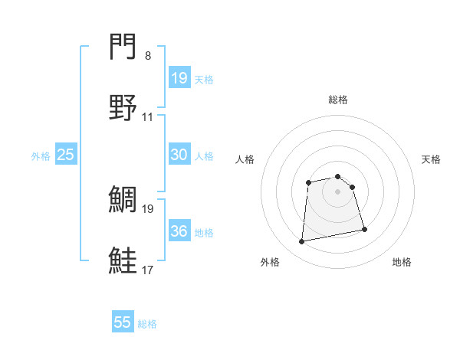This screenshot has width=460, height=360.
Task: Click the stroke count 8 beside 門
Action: pyautogui.click(x=148, y=56)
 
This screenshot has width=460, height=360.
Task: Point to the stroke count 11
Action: pyautogui.click(x=148, y=117)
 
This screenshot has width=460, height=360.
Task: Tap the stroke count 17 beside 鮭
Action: pyautogui.click(x=148, y=270)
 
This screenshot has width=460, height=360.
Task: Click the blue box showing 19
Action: pyautogui.click(x=179, y=78)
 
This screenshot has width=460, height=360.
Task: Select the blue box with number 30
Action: pyautogui.click(x=179, y=155)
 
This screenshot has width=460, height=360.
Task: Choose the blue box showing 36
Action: pyautogui.click(x=179, y=231)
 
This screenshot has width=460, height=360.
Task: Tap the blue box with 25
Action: pyautogui.click(x=66, y=155)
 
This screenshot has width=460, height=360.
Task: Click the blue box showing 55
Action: pyautogui.click(x=123, y=322)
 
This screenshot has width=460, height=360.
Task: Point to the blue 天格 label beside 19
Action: pyautogui.click(x=204, y=80)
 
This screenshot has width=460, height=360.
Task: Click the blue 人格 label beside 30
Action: pyautogui.click(x=204, y=156)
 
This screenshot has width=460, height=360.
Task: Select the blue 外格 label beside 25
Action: pyautogui.click(x=41, y=156)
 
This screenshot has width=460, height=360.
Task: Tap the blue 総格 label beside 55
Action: pyautogui.click(x=147, y=324)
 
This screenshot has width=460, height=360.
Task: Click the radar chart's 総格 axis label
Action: pyautogui.click(x=338, y=100)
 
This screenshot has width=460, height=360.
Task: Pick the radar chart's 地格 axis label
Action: pyautogui.click(x=402, y=263)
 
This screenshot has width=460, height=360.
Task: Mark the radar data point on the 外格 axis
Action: pyautogui.click(x=302, y=242)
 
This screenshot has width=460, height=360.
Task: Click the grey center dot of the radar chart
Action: pyautogui.click(x=338, y=191)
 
